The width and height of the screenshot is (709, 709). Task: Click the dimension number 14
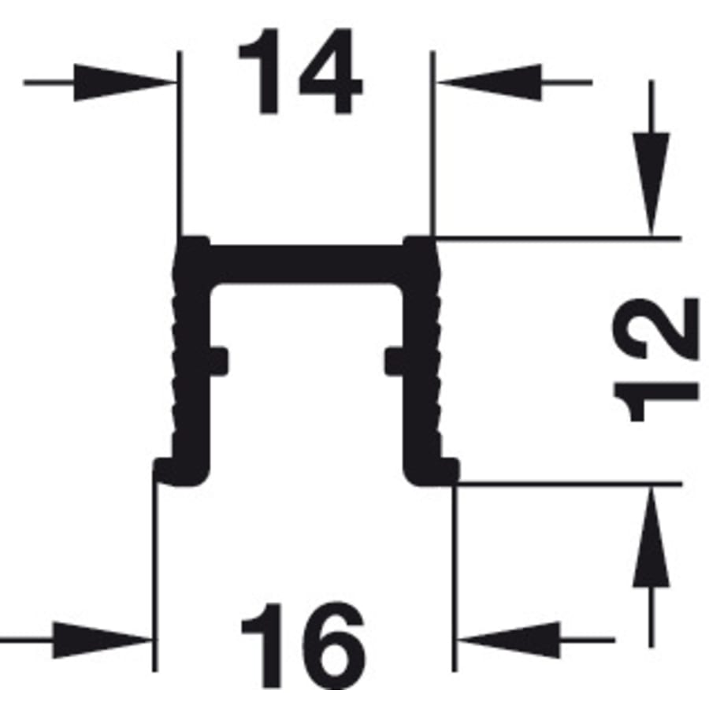pos(300,72)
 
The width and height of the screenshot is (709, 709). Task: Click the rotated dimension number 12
pos(655,360)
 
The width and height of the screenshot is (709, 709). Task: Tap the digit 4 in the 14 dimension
pos(331,72)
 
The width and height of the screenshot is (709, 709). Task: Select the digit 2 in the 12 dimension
pos(655,329)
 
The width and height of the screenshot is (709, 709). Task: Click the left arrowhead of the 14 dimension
pos(124,82)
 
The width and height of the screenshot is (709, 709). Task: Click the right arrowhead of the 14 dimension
pos(489,82)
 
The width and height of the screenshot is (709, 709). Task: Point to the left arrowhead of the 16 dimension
pos(102,640)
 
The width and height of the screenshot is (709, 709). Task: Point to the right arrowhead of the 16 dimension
pos(509,640)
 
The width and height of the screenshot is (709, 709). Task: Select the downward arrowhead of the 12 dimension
pos(651,184)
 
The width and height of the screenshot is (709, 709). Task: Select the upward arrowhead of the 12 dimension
pos(651,536)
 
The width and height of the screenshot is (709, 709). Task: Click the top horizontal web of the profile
pos(306,265)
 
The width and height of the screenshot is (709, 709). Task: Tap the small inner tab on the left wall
pos(219,361)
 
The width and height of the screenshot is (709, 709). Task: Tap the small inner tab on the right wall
pos(395,361)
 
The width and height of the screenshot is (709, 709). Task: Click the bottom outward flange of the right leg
pos(432,471)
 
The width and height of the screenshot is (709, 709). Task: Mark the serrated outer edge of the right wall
pos(436,353)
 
